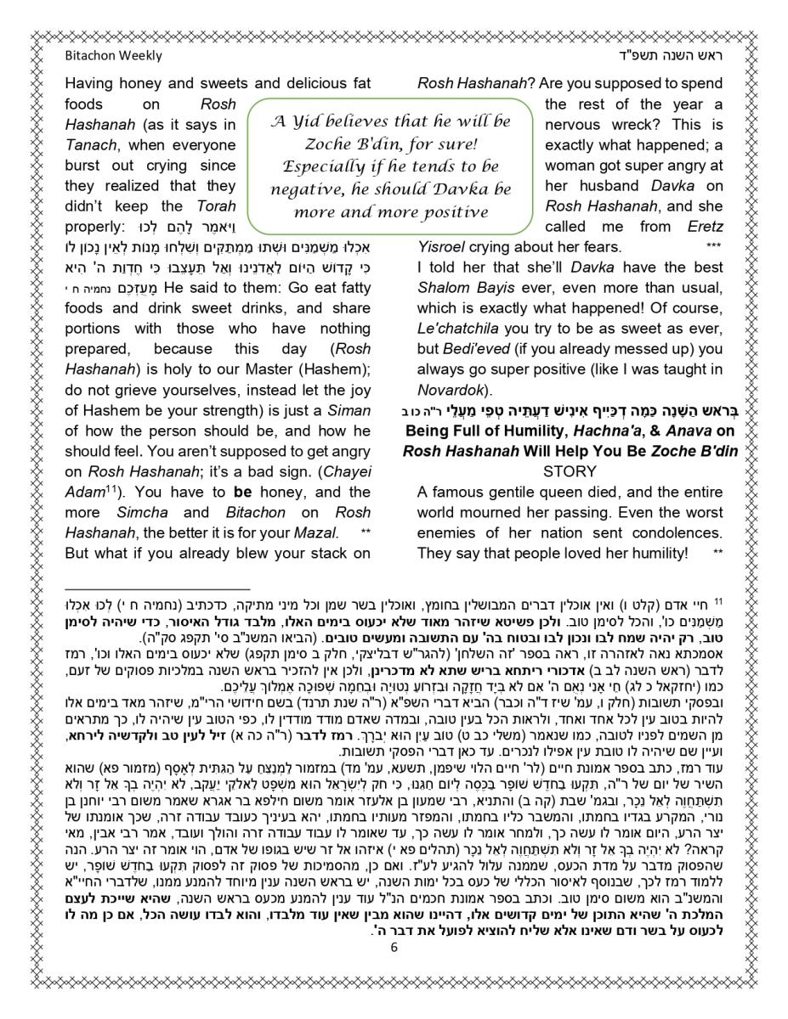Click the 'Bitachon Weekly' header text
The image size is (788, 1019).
click(113, 56)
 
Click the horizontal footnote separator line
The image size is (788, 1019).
click(157, 588)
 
